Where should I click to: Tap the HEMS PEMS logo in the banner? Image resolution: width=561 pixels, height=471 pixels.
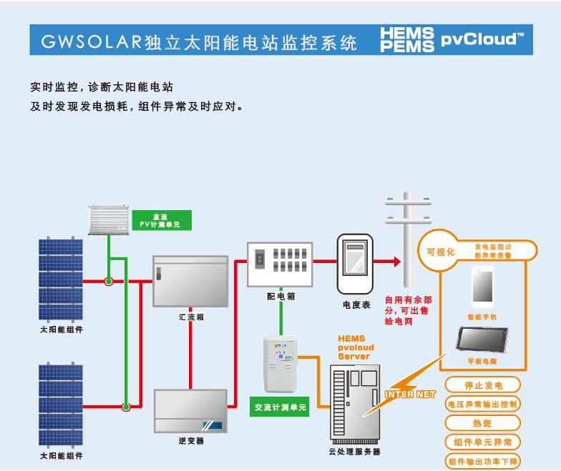[406, 40]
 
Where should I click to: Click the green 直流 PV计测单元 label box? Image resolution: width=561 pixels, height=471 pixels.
[162, 220]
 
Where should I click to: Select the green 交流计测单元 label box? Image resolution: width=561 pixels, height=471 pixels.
[279, 407]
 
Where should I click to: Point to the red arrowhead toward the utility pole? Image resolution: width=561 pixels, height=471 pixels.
[397, 262]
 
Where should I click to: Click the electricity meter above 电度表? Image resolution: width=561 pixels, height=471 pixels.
[355, 264]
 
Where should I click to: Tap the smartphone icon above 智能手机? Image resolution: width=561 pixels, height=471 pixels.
[482, 287]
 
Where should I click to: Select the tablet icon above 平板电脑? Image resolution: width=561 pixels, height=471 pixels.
[482, 339]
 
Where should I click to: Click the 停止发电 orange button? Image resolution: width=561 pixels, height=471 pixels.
[482, 385]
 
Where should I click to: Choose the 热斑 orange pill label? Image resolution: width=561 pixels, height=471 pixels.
[482, 423]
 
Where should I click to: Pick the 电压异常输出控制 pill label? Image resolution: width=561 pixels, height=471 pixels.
[482, 405]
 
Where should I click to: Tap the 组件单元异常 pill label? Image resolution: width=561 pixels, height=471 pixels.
[482, 442]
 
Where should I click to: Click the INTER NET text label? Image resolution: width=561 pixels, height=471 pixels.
[410, 395]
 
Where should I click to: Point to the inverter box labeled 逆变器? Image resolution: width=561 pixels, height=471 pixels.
[190, 411]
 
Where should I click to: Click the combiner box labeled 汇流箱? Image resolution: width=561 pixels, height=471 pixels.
[190, 282]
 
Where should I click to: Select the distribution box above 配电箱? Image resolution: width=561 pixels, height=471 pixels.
[280, 264]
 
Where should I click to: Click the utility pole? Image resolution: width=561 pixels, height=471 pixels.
[408, 239]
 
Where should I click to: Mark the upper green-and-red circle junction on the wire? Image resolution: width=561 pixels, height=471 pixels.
[109, 282]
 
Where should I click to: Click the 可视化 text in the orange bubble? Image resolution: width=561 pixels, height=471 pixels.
[441, 252]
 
